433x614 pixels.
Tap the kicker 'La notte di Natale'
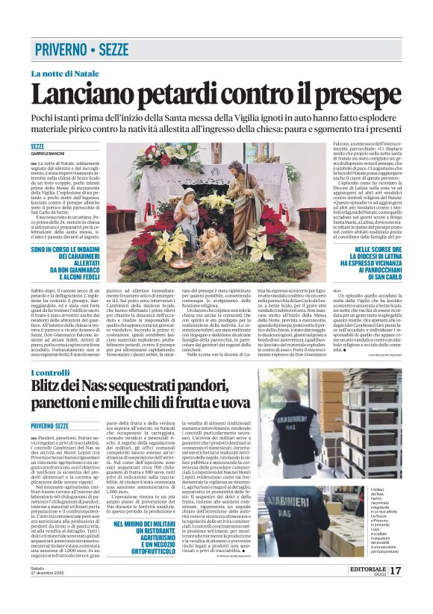pos(66,73)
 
